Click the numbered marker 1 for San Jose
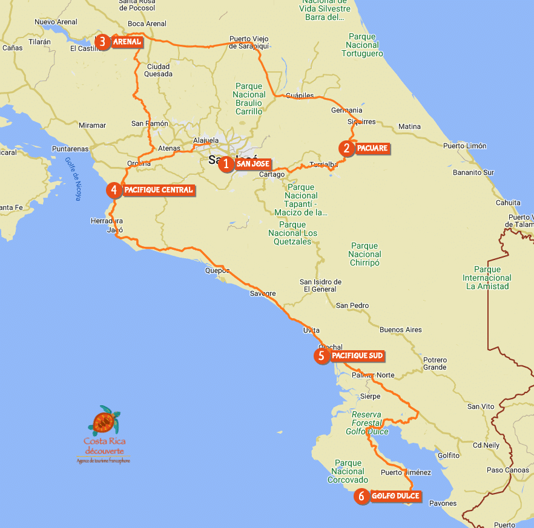[226, 164]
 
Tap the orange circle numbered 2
[346, 148]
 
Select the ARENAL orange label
[127, 42]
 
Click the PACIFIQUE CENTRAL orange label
[158, 190]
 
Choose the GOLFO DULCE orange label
[395, 496]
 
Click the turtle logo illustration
[105, 420]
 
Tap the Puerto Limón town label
[464, 146]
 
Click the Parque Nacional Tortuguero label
[362, 45]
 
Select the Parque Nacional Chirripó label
[364, 254]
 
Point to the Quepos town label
[217, 271]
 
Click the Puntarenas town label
[70, 148]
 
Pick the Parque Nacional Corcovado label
[348, 472]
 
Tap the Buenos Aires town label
[400, 330]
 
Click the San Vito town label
[481, 406]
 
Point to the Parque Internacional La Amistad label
[487, 278]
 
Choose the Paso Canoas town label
[507, 470]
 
